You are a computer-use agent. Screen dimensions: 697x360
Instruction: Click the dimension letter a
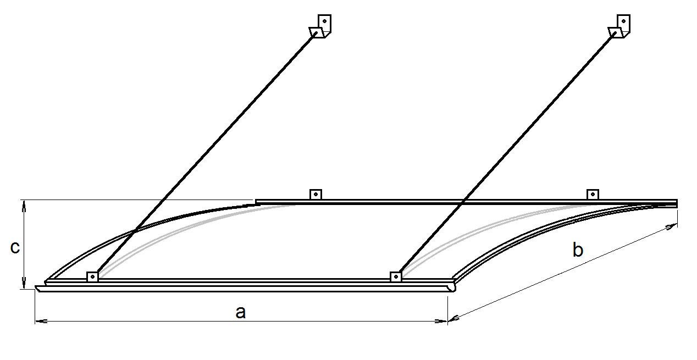(x=241, y=312)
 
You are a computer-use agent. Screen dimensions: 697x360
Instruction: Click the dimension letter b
(x=578, y=250)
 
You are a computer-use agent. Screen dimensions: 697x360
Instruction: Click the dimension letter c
(x=15, y=247)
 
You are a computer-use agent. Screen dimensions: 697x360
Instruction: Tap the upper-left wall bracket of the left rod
(x=320, y=26)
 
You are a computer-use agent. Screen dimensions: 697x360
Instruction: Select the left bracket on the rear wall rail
(x=316, y=195)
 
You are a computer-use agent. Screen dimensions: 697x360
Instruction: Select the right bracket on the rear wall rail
(x=593, y=195)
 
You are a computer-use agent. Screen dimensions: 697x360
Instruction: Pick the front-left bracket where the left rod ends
(x=92, y=276)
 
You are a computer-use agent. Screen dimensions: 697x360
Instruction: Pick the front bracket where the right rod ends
(x=396, y=276)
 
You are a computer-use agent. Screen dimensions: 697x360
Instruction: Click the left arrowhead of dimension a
(x=41, y=321)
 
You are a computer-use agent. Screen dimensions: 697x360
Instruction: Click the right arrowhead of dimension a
(x=441, y=321)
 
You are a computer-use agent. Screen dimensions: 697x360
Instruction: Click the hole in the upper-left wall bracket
(x=324, y=21)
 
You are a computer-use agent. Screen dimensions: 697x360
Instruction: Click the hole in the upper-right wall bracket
(x=623, y=21)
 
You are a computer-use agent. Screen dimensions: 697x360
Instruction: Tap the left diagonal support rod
(x=206, y=152)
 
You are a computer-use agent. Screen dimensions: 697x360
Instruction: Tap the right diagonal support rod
(x=508, y=152)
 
